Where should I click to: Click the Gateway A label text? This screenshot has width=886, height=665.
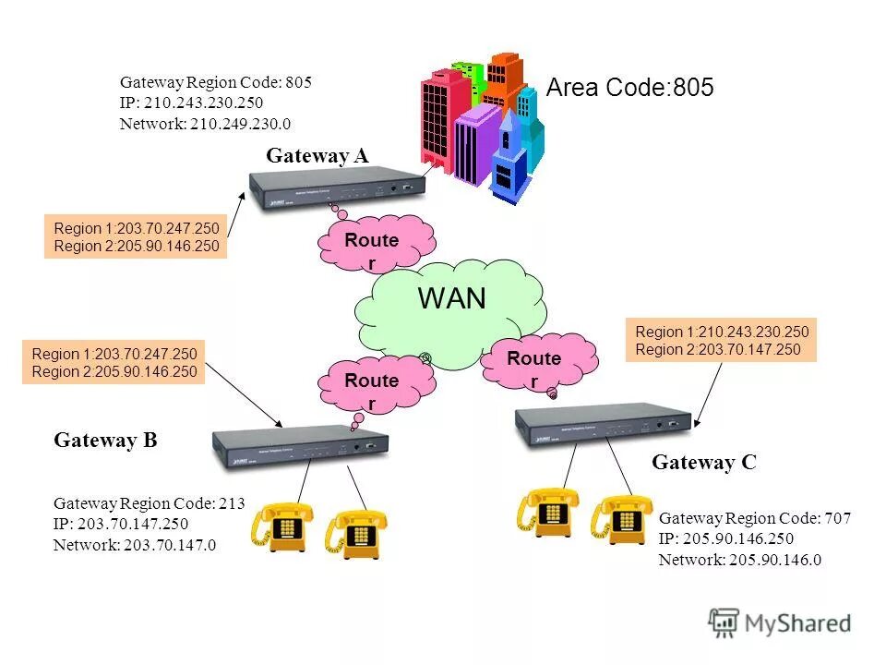coord(317,156)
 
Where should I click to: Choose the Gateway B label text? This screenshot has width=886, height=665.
coord(106,441)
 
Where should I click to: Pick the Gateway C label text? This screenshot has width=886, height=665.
coord(704,463)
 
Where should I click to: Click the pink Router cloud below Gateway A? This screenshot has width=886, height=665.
coord(373,245)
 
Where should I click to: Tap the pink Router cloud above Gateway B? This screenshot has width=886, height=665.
coord(372,386)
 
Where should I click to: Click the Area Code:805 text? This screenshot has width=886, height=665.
coord(630,88)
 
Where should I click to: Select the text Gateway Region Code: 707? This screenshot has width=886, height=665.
coord(755,518)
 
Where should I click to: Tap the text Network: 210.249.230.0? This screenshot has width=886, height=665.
coord(205,123)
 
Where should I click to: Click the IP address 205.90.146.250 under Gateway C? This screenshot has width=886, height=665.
coord(726,539)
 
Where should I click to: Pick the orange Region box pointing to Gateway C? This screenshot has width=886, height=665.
coord(722,341)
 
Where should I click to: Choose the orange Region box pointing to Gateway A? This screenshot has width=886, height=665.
coord(136,237)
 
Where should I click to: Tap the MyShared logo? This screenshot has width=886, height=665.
coord(780,623)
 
